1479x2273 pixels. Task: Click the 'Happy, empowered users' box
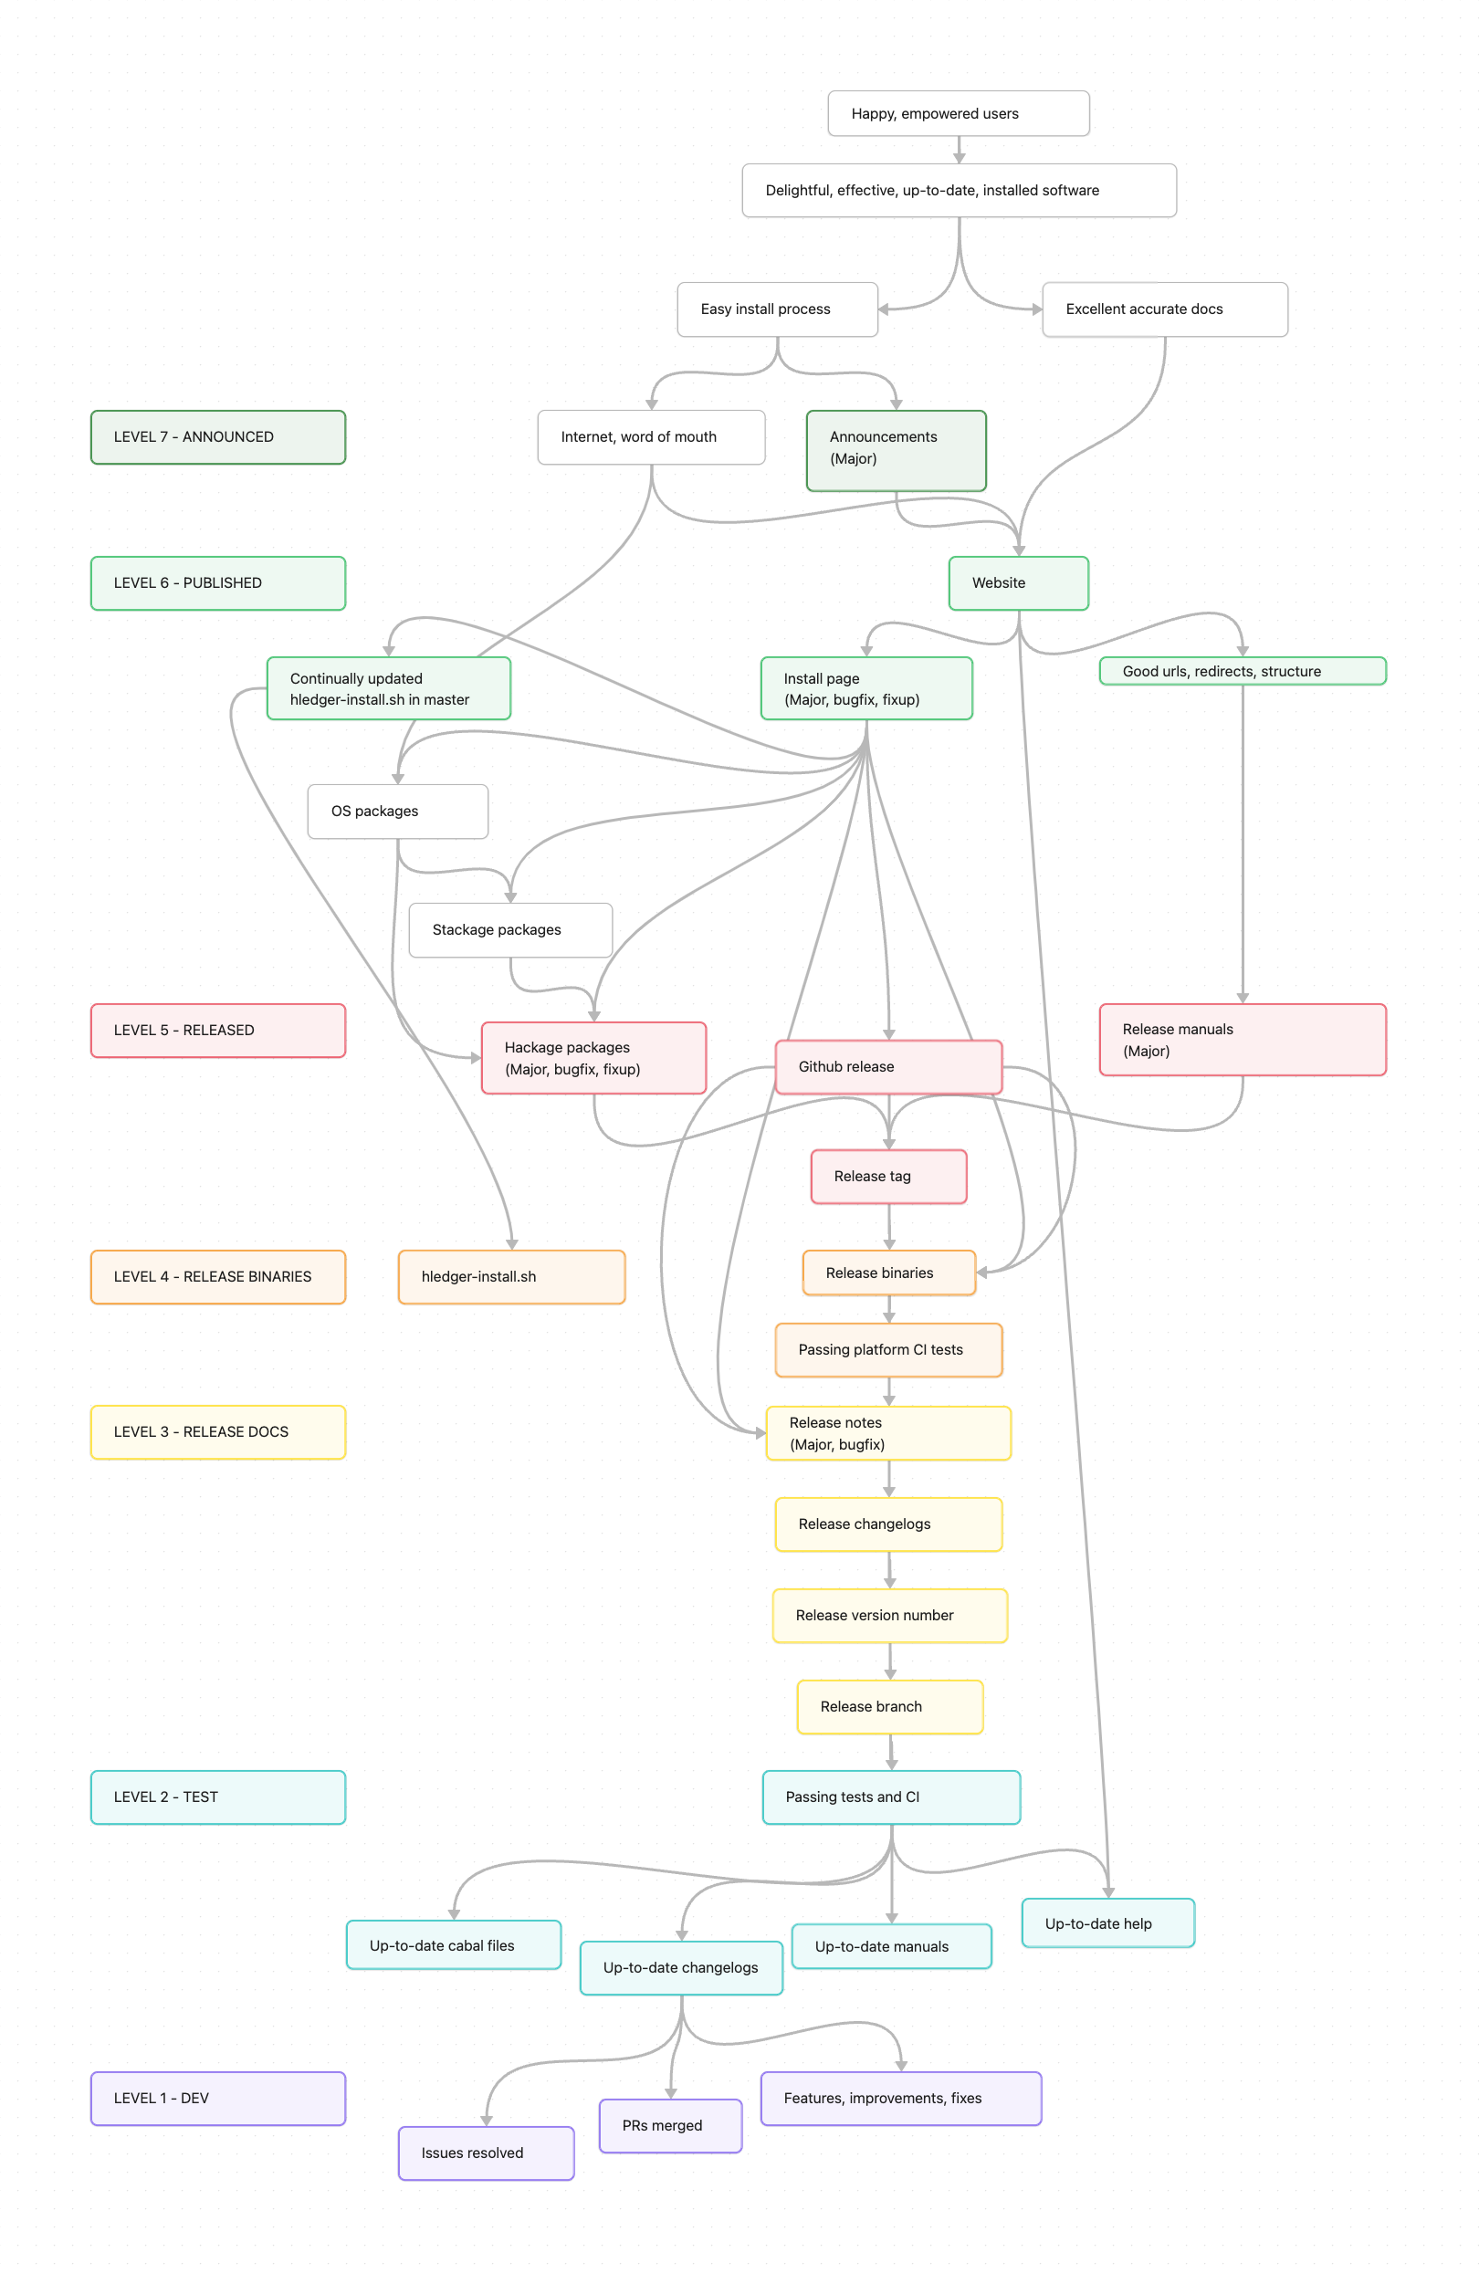tap(958, 113)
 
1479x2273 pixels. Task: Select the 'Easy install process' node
tap(777, 309)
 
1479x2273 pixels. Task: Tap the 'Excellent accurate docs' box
tap(1164, 309)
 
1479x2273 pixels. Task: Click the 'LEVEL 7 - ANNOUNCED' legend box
tap(218, 437)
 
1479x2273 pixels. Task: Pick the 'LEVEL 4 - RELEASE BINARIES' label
tap(218, 1277)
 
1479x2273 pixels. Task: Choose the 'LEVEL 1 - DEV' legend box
tap(218, 2099)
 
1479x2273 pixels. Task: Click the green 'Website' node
tap(1018, 583)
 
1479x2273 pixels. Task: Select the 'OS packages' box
tap(397, 812)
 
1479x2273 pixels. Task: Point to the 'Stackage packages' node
tap(510, 930)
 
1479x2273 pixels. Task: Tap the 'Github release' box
tap(887, 1067)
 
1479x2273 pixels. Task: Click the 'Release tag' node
tap(887, 1177)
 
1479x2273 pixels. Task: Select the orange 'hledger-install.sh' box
tap(511, 1277)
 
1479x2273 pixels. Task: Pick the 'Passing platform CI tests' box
tap(887, 1349)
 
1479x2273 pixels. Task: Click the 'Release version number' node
tap(889, 1616)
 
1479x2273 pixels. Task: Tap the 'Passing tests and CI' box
tap(890, 1797)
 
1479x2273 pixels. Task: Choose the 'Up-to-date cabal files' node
tap(453, 1945)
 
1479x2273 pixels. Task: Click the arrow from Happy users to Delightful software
tap(959, 150)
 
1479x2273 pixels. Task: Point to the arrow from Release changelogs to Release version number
tap(888, 1570)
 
